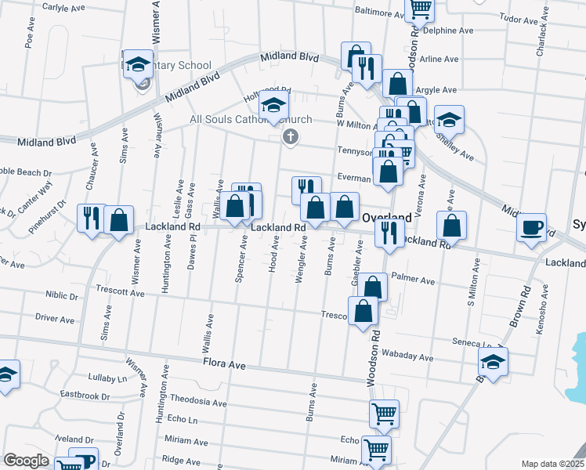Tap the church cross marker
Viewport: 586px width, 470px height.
click(290, 138)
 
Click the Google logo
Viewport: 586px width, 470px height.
click(26, 461)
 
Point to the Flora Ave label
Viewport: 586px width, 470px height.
click(225, 365)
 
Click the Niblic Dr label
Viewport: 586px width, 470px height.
click(62, 297)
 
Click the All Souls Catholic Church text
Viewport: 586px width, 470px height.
click(251, 120)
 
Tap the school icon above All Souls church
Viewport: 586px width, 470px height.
click(273, 104)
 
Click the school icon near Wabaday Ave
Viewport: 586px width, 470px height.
click(493, 361)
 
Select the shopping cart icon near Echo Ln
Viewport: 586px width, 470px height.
click(384, 413)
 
